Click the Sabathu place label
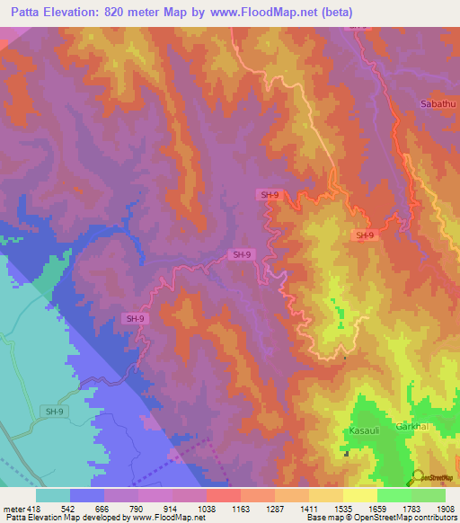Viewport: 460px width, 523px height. point(438,105)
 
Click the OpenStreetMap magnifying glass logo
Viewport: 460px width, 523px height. point(416,477)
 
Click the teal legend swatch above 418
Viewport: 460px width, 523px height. point(52,495)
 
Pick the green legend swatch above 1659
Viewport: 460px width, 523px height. point(394,495)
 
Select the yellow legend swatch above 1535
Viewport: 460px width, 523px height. point(360,495)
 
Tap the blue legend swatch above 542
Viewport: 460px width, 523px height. point(86,495)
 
